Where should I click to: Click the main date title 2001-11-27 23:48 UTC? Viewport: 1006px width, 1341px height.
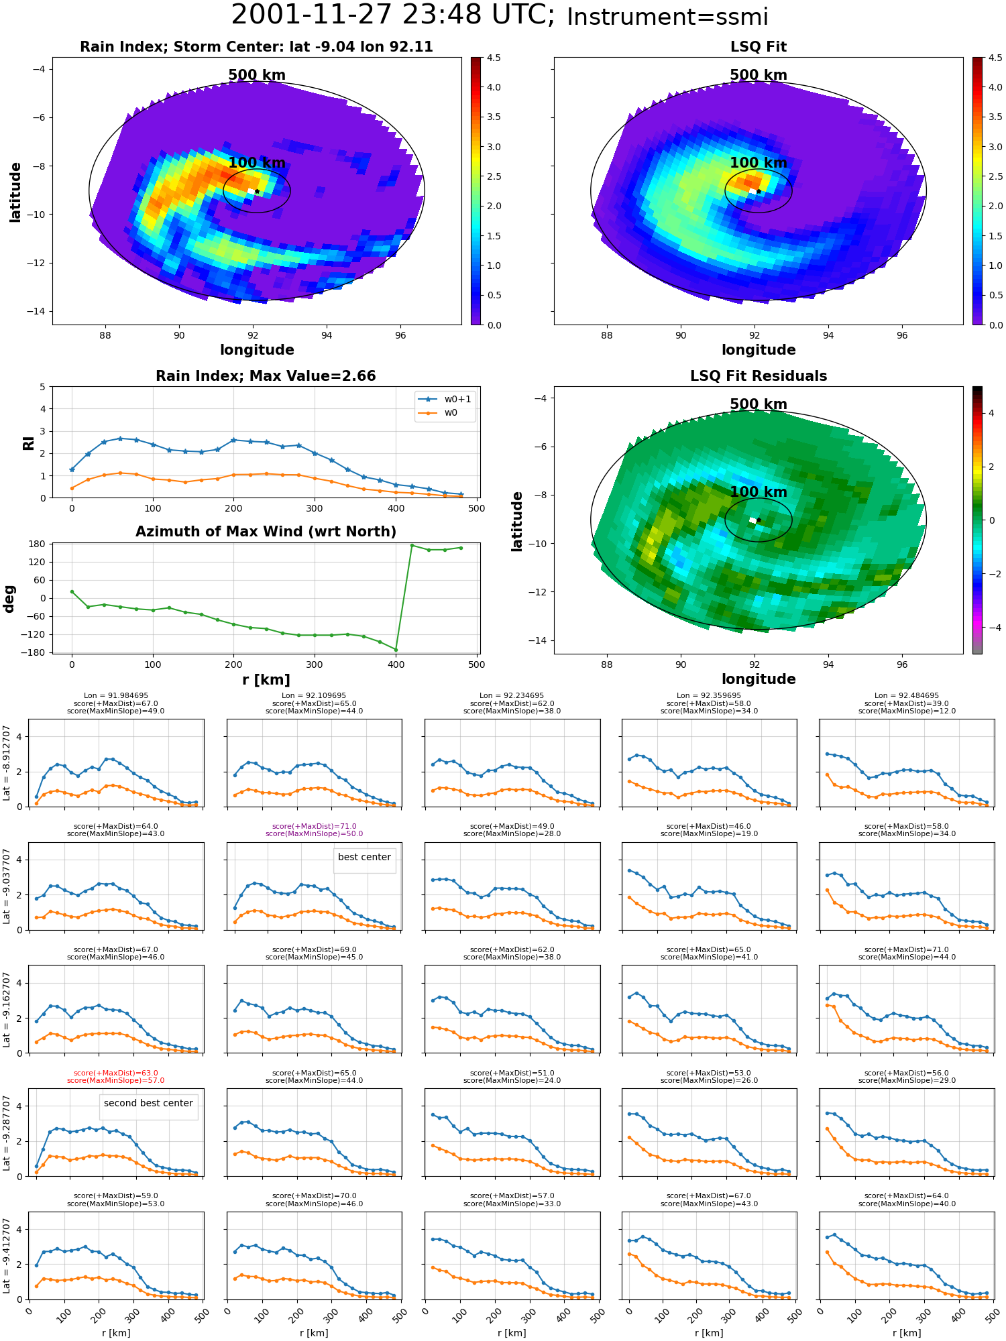pos(392,15)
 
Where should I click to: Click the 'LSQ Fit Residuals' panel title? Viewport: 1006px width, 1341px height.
pos(759,376)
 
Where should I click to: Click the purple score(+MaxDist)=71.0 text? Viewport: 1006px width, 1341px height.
pos(314,826)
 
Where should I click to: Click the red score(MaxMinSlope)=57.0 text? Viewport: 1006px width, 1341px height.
pos(115,1080)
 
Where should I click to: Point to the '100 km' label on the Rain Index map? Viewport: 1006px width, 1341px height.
pos(257,163)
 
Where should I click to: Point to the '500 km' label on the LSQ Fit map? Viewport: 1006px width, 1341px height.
pos(759,75)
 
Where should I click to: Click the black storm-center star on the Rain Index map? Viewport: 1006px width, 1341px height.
pos(257,191)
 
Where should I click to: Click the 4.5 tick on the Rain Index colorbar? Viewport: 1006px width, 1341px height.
pos(494,58)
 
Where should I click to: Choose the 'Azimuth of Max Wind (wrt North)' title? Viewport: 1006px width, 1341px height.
pos(266,532)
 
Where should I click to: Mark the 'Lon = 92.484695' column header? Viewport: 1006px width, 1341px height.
pos(907,696)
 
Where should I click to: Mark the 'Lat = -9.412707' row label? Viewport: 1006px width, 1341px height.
pos(7,1255)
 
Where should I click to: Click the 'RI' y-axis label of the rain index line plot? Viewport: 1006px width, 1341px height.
pos(28,443)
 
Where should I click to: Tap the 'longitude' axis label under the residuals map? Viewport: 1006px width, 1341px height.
pos(759,679)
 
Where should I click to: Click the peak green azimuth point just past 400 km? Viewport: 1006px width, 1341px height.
pos(412,545)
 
